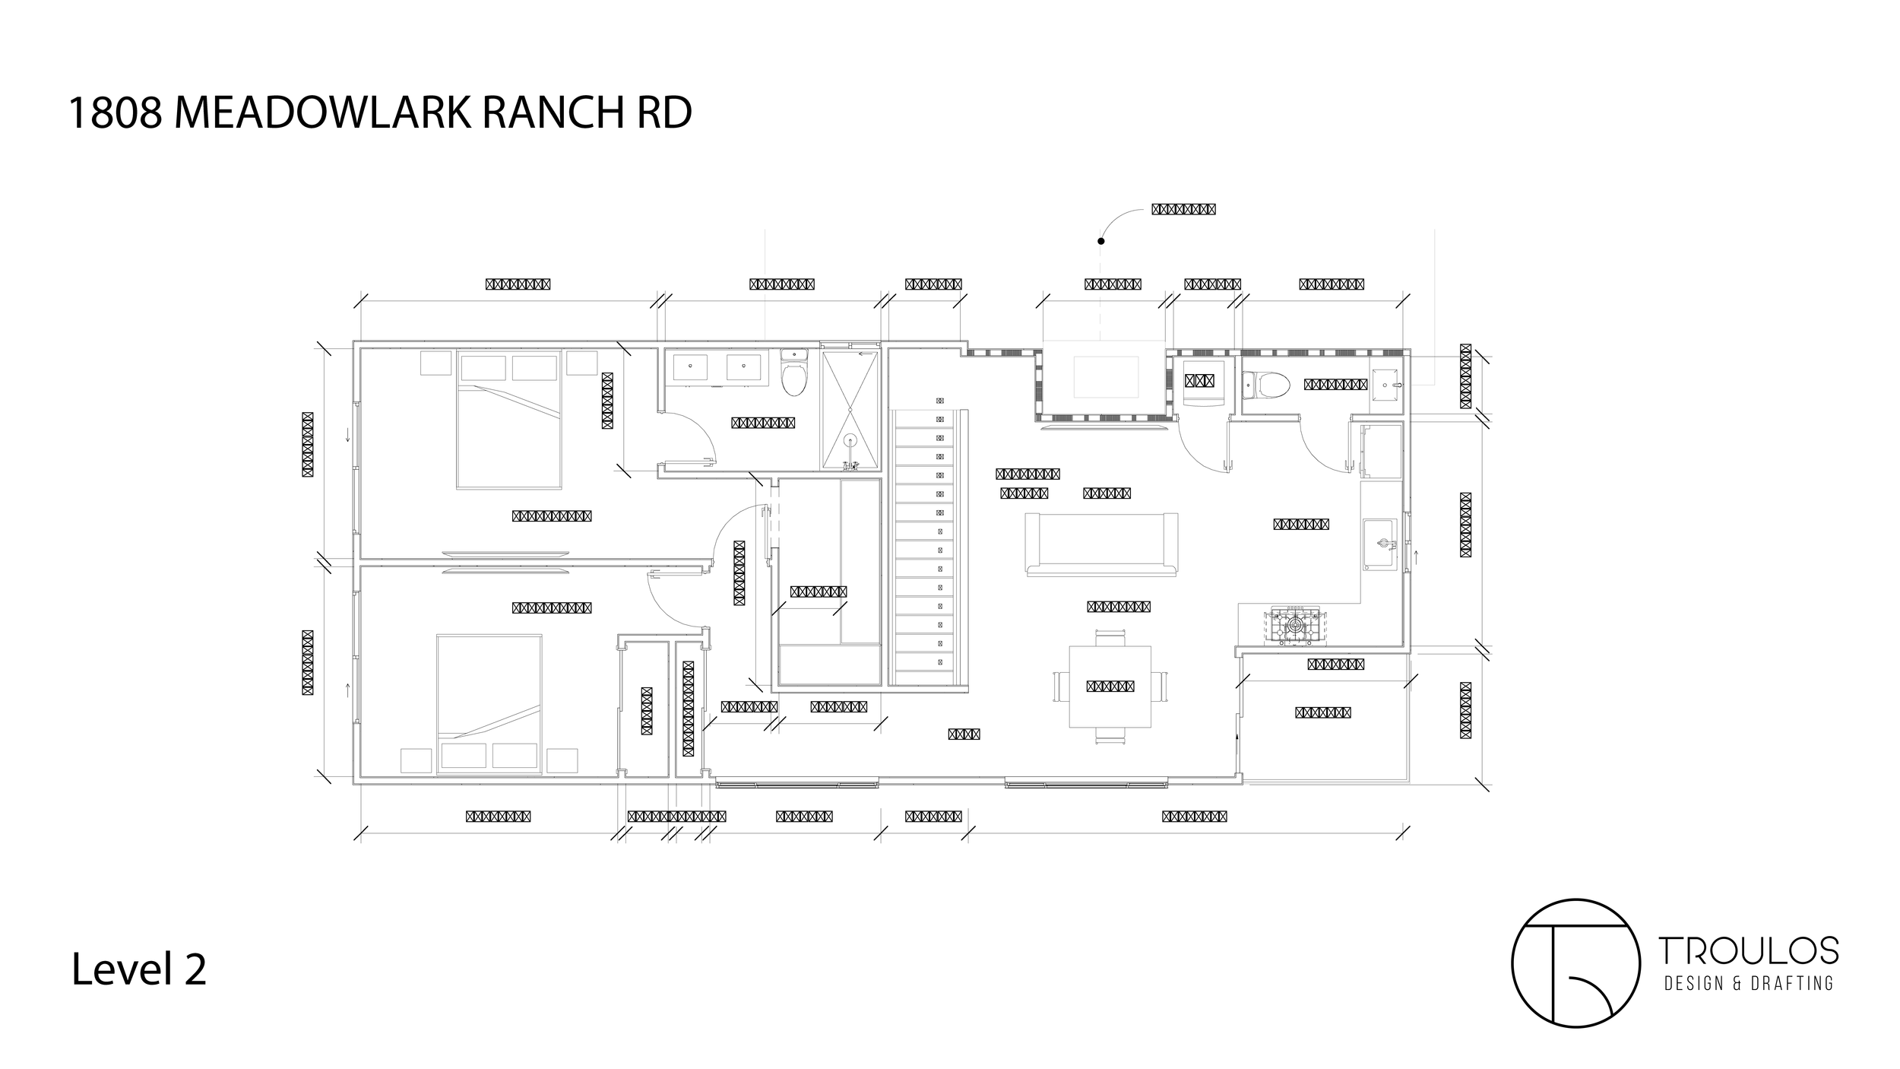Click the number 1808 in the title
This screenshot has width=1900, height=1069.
pyautogui.click(x=115, y=113)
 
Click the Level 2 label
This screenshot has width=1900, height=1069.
pyautogui.click(x=138, y=971)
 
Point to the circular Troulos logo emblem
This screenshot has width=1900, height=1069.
pyautogui.click(x=1574, y=963)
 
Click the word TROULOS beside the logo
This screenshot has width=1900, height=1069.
pyautogui.click(x=1747, y=950)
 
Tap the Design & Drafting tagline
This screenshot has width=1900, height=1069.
pyautogui.click(x=1747, y=984)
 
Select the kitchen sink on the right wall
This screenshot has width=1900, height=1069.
pyautogui.click(x=1380, y=544)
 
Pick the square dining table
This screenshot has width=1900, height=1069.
pyautogui.click(x=1110, y=687)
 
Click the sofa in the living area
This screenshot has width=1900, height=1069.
pyautogui.click(x=1101, y=544)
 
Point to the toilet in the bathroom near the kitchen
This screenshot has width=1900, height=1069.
pyautogui.click(x=1267, y=385)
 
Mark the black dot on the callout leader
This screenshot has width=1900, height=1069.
pyautogui.click(x=1101, y=241)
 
